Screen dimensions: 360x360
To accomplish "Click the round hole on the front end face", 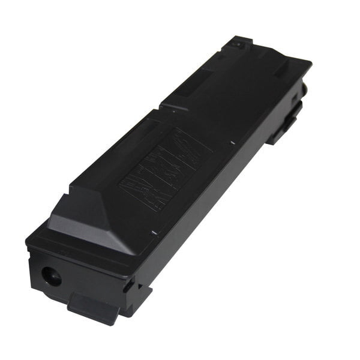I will (50, 276).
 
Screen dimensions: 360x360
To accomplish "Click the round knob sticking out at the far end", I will (304, 88).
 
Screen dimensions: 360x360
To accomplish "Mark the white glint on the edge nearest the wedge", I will (154, 232).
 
